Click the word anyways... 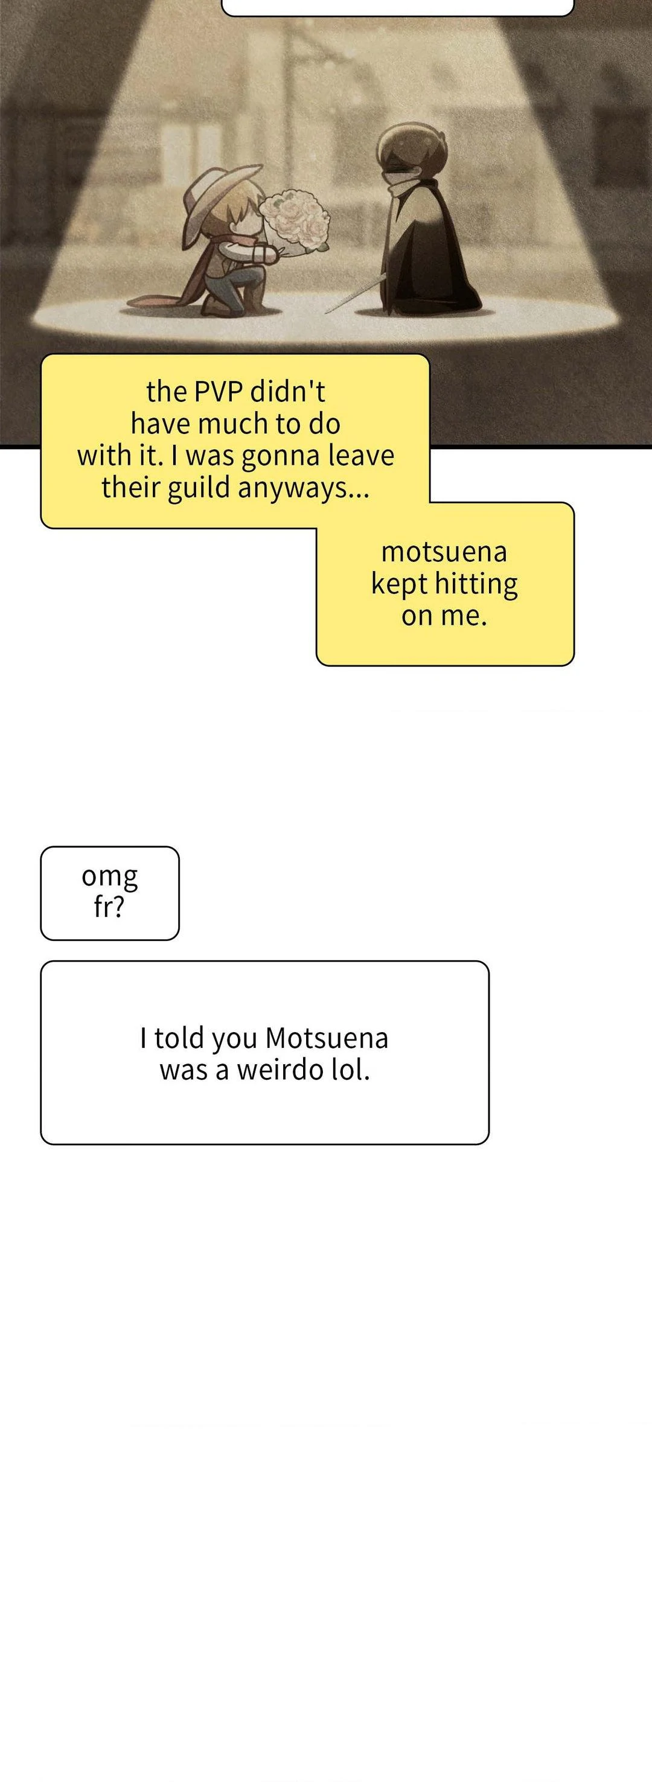coord(302,490)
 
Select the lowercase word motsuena coord(444,552)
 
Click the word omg coord(110,878)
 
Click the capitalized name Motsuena coord(327,1038)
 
